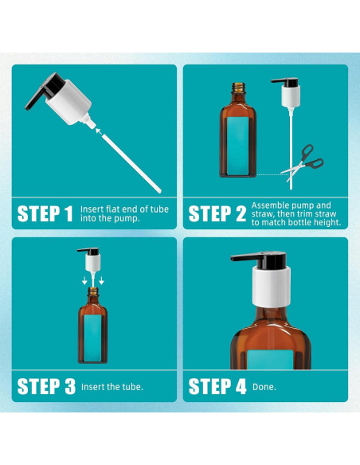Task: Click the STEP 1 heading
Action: tap(45, 214)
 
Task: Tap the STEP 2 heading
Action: tap(217, 214)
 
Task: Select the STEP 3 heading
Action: tap(46, 386)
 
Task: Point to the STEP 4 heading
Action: tap(217, 386)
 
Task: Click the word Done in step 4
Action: tap(264, 387)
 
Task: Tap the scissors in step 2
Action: tap(303, 162)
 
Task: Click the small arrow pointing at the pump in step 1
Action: tap(99, 131)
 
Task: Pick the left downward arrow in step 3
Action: tap(84, 280)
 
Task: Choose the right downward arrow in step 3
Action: tap(101, 280)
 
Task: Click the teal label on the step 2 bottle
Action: tap(238, 146)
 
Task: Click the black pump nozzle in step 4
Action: tap(259, 260)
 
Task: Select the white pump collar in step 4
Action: tap(271, 287)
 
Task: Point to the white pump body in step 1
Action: tap(68, 103)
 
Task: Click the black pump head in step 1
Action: tap(45, 90)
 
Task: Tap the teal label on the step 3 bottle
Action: tap(93, 338)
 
